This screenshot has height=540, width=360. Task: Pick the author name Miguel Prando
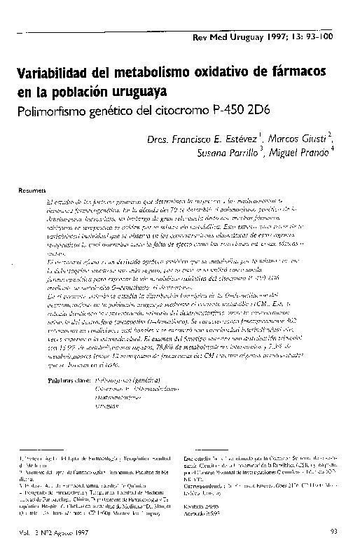point(296,153)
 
